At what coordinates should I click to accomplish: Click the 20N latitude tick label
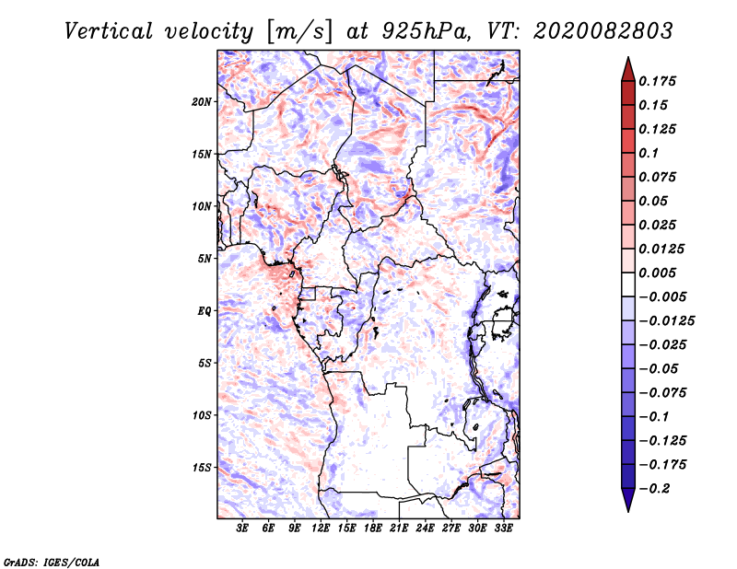click(203, 101)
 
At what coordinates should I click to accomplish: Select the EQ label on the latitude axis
click(205, 311)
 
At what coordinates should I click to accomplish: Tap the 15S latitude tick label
click(203, 468)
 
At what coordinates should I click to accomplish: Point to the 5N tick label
click(205, 259)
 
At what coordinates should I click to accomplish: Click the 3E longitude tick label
click(243, 529)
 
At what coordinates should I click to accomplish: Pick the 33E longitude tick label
click(503, 529)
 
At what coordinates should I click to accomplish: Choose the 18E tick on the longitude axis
click(373, 529)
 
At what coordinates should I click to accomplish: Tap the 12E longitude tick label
click(321, 529)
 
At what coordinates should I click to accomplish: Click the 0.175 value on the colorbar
click(659, 81)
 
